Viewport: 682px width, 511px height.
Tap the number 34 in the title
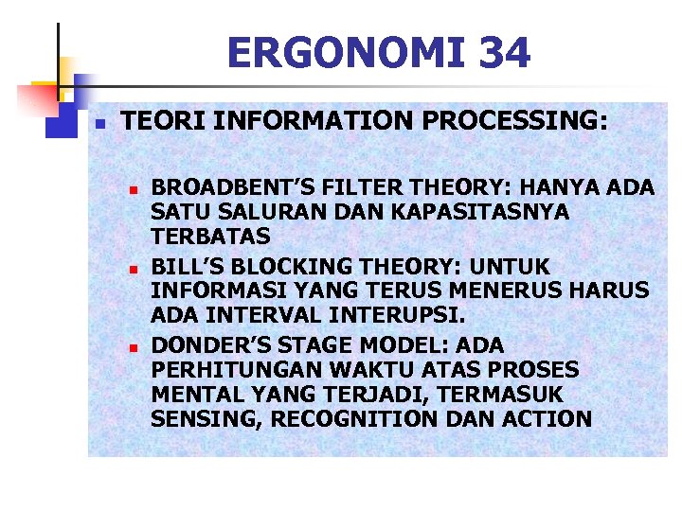(x=505, y=53)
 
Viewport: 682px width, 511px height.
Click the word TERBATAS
(x=210, y=237)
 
